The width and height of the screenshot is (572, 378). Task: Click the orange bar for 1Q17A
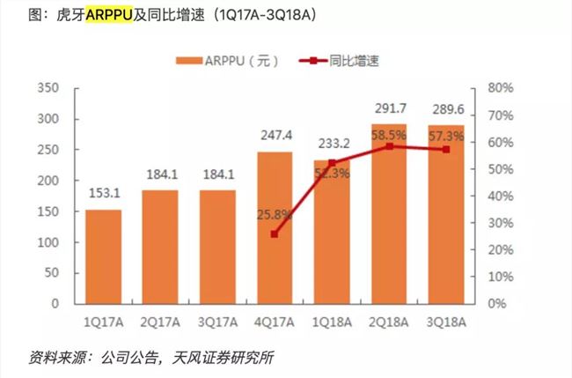pos(104,256)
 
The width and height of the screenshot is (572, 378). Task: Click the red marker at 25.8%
pos(275,234)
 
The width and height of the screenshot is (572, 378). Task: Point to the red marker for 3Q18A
pos(446,150)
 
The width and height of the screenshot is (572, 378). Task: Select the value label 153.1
pos(104,196)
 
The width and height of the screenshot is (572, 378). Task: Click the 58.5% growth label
pos(389,137)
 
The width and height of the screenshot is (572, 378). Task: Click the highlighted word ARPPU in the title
pos(110,16)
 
